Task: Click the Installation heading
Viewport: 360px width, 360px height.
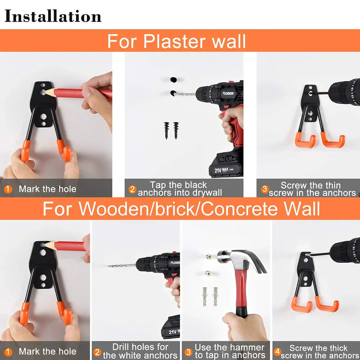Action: coord(53,17)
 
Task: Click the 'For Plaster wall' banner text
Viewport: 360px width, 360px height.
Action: coord(176,41)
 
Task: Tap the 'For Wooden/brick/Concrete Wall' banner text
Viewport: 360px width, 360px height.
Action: coord(181,209)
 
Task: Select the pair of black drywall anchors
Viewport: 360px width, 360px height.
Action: coord(171,130)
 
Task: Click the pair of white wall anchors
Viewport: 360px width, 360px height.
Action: coord(210,296)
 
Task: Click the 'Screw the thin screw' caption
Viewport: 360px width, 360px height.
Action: coord(311,189)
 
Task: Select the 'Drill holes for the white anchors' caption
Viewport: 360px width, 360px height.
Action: coord(140,351)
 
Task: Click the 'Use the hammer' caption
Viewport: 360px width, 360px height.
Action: coord(230,351)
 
